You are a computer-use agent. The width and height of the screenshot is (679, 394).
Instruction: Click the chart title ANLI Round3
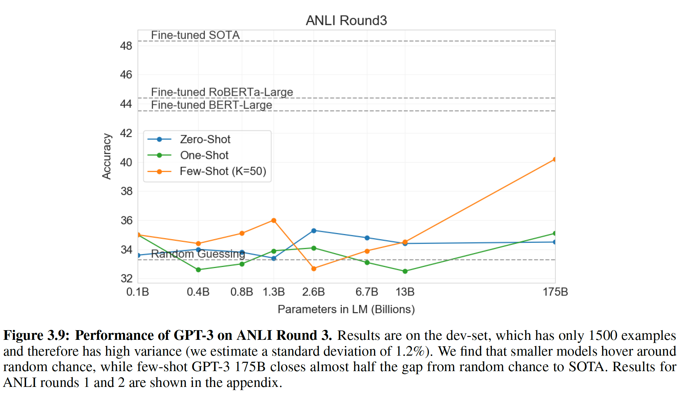[346, 20]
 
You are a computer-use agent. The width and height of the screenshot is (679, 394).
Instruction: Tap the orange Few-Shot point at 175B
[554, 159]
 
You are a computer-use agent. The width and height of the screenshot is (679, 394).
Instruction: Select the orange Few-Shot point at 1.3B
[274, 221]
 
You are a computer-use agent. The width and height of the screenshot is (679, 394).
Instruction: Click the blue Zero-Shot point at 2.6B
[314, 231]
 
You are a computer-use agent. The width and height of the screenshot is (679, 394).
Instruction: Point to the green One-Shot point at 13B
[405, 271]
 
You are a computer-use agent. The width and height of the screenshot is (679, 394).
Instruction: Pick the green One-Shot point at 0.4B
[198, 270]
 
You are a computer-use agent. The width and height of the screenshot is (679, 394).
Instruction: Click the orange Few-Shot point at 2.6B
[314, 269]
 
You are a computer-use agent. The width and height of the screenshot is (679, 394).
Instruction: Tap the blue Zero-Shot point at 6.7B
[367, 238]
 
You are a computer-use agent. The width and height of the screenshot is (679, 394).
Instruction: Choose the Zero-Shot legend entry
[205, 139]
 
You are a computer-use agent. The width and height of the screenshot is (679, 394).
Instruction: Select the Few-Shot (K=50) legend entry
[223, 171]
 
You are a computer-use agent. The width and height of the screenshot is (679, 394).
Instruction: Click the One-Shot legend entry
[204, 155]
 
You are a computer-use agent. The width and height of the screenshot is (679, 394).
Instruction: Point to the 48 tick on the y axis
[126, 46]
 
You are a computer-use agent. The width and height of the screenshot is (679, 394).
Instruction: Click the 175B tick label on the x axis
[555, 292]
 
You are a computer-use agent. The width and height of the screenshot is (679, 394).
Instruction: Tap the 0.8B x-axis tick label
[242, 292]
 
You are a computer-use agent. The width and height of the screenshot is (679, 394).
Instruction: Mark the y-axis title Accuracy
[107, 156]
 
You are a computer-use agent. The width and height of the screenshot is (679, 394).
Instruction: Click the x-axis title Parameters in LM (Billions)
[346, 309]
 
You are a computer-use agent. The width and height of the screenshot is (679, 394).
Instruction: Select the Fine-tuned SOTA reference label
[195, 35]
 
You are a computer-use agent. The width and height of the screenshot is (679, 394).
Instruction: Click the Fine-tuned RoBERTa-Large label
[222, 92]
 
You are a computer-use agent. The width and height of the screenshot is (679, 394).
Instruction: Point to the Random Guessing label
[198, 254]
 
